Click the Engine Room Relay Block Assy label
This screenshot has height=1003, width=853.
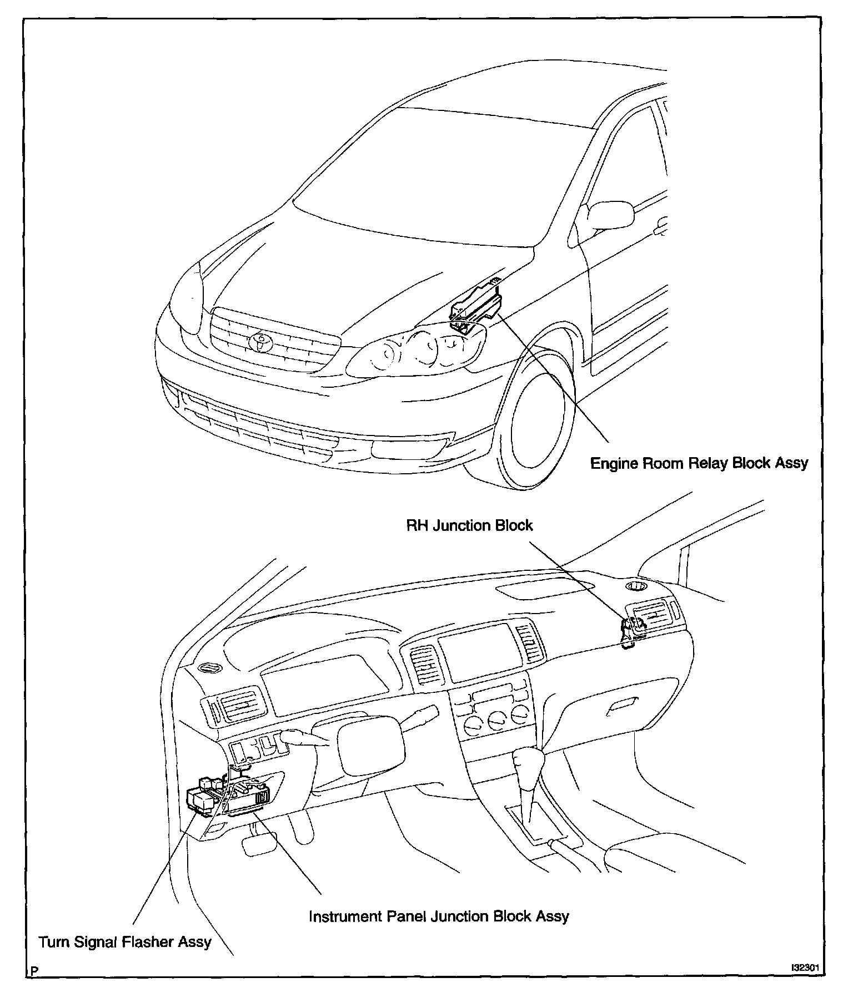tap(699, 463)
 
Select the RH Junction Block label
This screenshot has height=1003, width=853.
tap(469, 525)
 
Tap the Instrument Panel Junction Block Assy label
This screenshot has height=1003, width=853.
tap(439, 916)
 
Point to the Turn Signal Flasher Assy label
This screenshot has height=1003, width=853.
tap(125, 941)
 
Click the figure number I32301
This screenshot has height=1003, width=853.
tap(805, 983)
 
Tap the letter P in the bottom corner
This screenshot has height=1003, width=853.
tap(35, 986)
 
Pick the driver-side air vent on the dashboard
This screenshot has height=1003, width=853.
tap(238, 709)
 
